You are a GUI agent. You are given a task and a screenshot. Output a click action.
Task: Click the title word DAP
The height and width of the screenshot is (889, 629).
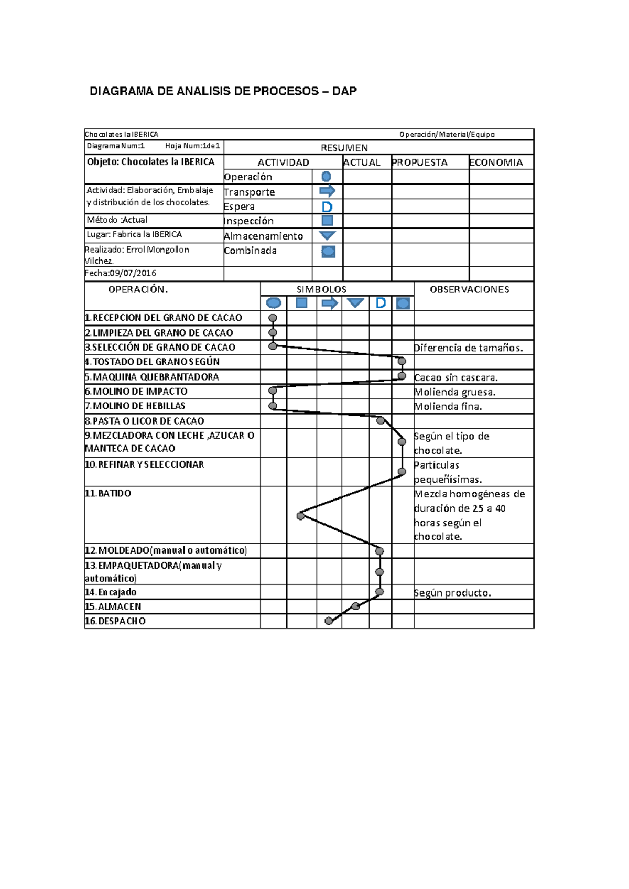click(x=344, y=91)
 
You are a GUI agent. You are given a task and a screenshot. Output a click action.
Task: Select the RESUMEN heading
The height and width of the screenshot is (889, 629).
click(x=344, y=148)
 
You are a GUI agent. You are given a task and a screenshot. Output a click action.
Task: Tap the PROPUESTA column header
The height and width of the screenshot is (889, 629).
click(x=420, y=162)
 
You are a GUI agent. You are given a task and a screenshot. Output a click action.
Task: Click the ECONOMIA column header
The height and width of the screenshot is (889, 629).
click(x=496, y=162)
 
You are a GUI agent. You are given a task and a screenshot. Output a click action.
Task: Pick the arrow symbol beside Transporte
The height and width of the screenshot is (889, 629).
click(x=327, y=191)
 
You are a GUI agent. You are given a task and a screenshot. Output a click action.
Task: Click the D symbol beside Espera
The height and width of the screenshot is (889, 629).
click(x=327, y=207)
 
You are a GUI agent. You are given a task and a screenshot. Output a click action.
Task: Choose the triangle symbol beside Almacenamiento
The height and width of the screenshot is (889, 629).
click(x=327, y=235)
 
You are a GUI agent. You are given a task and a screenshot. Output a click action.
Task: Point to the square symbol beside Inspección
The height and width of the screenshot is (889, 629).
click(x=327, y=221)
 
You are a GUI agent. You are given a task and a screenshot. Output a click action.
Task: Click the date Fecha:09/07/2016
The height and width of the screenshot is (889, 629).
click(x=121, y=273)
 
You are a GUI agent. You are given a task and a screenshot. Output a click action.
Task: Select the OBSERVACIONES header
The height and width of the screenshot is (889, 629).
click(x=469, y=289)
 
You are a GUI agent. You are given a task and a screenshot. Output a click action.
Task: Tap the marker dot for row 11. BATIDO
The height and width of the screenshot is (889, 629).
click(x=300, y=516)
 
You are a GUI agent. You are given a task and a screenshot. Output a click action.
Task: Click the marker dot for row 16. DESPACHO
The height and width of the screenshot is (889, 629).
click(x=329, y=621)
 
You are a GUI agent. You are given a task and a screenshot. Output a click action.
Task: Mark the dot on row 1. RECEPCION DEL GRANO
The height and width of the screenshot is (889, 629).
click(x=273, y=318)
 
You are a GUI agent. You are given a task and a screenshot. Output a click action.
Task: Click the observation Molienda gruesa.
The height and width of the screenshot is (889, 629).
click(x=454, y=392)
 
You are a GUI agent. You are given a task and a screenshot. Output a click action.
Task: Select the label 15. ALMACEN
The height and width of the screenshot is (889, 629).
click(x=114, y=606)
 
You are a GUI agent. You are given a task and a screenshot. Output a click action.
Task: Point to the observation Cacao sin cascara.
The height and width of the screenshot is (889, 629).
click(x=456, y=377)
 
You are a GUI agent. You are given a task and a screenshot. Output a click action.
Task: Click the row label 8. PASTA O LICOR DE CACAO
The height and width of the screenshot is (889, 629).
click(x=145, y=421)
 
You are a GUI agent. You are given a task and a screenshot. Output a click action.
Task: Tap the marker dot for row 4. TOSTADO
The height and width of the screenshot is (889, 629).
click(x=402, y=361)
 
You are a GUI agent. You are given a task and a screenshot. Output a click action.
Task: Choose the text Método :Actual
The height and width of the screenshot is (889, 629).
click(x=117, y=220)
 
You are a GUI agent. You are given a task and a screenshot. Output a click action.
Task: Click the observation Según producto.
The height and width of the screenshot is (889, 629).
click(x=452, y=593)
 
